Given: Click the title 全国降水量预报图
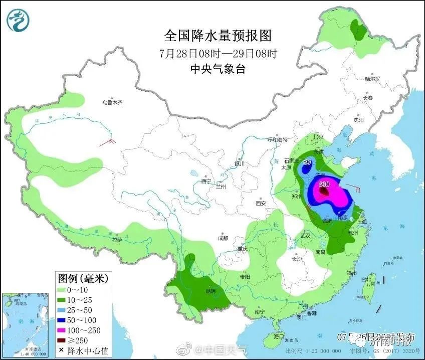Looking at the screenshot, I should (x=218, y=36).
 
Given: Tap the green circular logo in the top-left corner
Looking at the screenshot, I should (x=18, y=19).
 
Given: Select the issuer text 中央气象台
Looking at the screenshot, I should (x=218, y=69).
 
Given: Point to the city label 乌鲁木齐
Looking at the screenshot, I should (x=112, y=102).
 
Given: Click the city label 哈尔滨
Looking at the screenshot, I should (x=372, y=79).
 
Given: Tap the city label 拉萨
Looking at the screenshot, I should (x=117, y=240).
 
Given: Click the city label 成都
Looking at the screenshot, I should (x=223, y=238).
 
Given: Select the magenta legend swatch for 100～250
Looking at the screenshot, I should (x=63, y=330).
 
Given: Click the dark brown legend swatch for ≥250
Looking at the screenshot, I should (x=63, y=340).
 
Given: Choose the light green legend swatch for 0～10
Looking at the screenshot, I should (x=63, y=289).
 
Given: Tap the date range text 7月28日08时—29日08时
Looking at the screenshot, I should (x=218, y=53).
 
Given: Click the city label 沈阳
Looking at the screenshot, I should (x=358, y=120).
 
